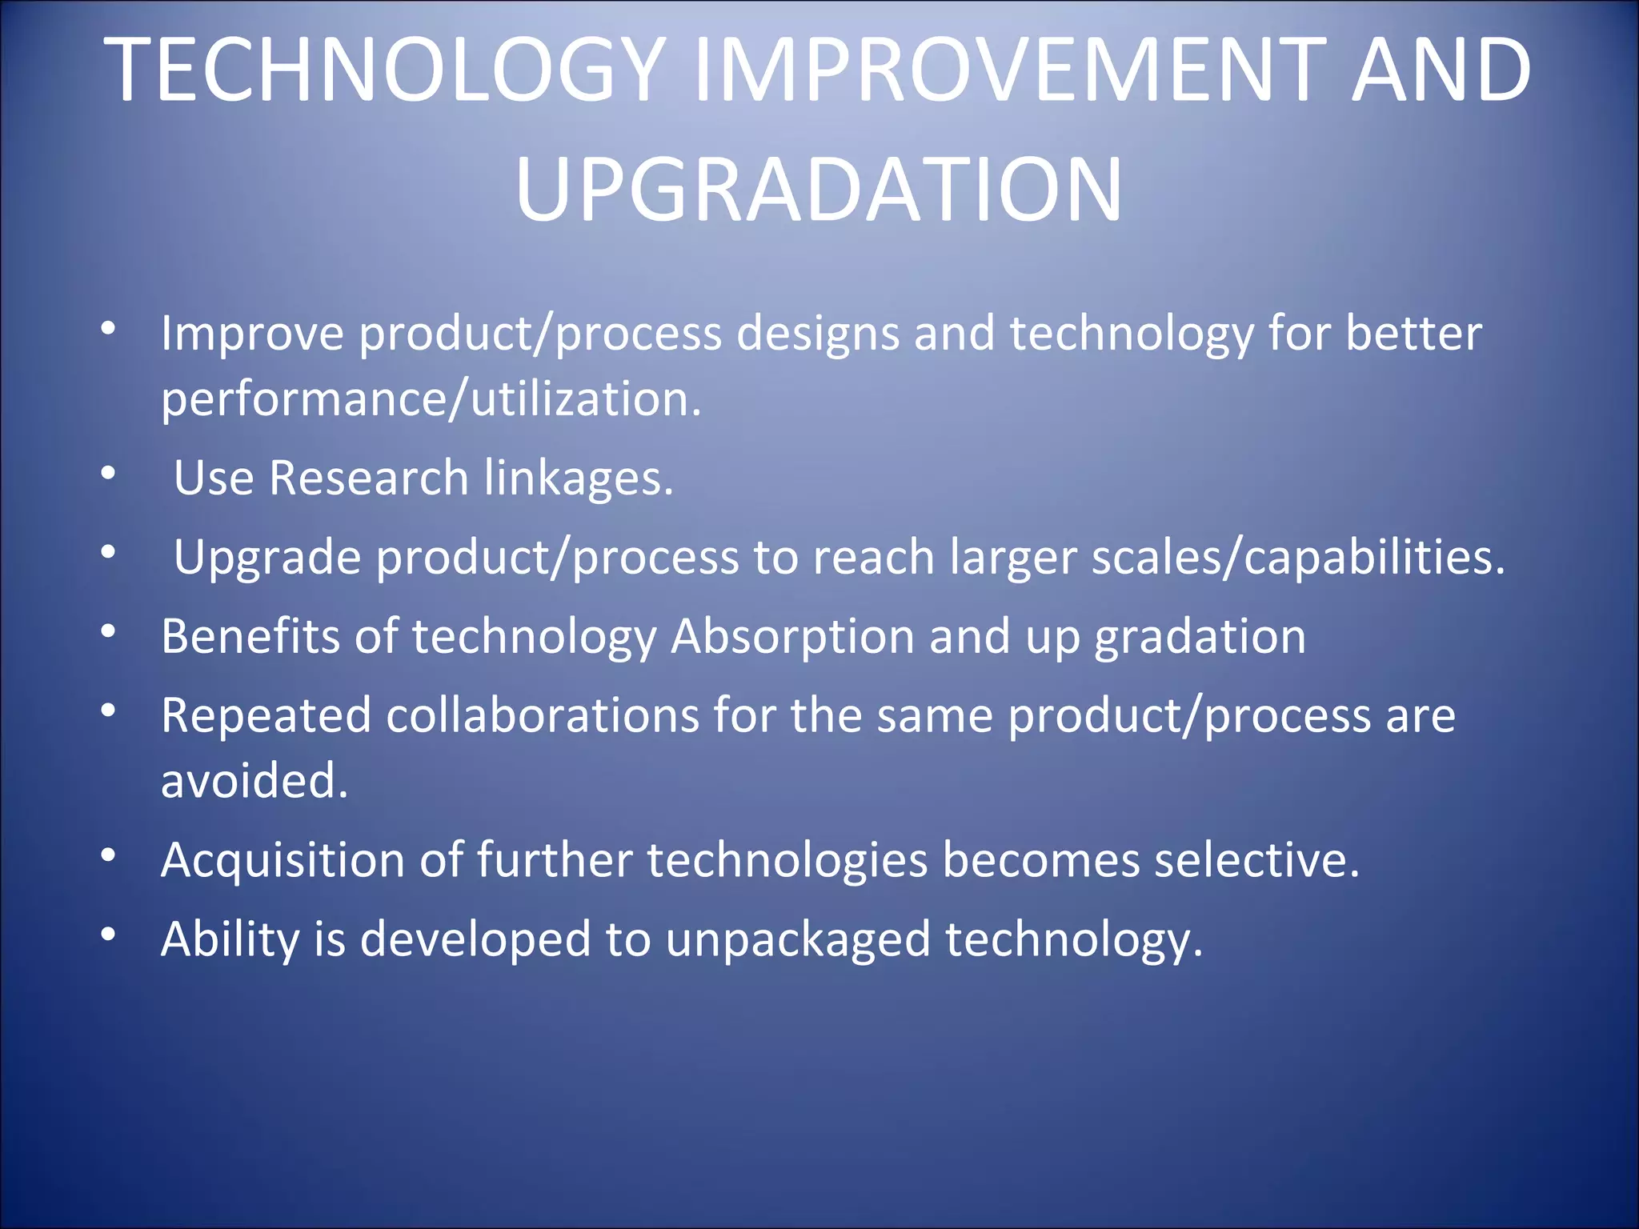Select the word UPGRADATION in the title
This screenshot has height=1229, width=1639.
(819, 190)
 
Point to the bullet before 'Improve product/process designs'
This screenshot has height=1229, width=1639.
(109, 328)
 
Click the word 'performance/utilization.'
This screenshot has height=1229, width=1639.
(431, 399)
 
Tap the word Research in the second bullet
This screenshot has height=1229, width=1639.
(369, 478)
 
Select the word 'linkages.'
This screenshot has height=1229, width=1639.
(579, 478)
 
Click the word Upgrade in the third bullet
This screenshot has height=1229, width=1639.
(267, 558)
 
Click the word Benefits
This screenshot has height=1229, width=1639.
(250, 637)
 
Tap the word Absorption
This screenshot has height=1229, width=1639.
(792, 637)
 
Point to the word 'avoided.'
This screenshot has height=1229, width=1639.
(254, 781)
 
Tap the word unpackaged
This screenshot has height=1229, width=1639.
(798, 939)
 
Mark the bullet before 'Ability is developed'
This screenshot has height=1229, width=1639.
(109, 934)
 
